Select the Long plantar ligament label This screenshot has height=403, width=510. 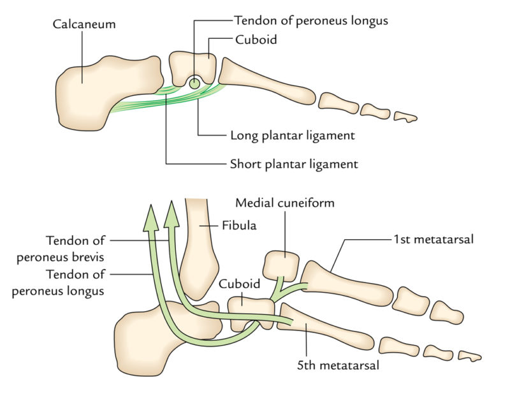[292, 135]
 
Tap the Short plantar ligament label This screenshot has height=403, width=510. [293, 164]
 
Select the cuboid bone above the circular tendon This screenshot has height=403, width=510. [193, 64]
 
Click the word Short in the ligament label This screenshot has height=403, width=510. [245, 164]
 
